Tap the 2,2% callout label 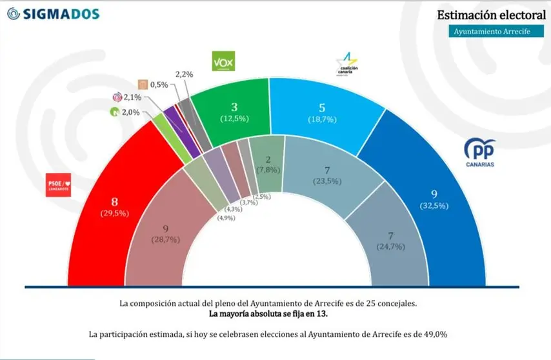tap(184, 75)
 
